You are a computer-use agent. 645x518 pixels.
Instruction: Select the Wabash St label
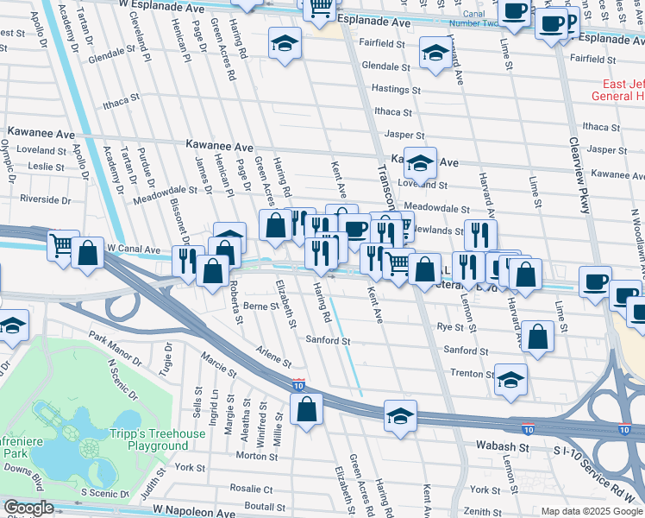tap(502, 448)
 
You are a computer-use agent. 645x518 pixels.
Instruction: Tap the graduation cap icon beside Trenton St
tap(510, 380)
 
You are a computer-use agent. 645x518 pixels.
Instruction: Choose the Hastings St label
tap(396, 89)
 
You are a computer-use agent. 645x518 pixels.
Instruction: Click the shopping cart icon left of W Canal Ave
tap(64, 246)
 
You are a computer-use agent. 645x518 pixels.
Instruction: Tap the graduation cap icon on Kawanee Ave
tap(420, 162)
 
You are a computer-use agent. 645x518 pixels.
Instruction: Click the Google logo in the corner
tap(28, 509)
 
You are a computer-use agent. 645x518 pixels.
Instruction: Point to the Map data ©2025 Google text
tap(591, 511)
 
